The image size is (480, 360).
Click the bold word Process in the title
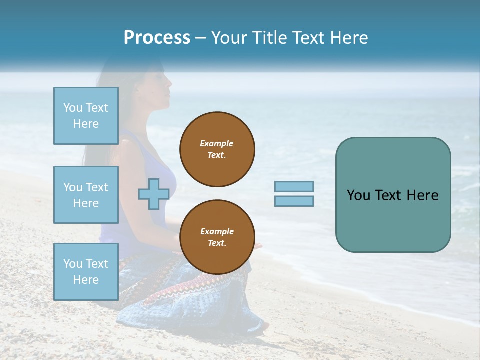[157, 38]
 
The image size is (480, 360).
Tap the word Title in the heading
[270, 38]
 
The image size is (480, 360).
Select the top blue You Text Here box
[86, 116]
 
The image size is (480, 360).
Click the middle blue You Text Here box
[86, 195]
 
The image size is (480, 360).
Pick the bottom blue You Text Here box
[86, 272]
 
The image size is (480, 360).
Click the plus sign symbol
[154, 194]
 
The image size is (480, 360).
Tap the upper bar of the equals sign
[294, 187]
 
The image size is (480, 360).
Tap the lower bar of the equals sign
[294, 201]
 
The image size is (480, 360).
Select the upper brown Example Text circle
[217, 149]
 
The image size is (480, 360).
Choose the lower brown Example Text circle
[217, 237]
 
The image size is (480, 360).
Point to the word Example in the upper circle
[217, 143]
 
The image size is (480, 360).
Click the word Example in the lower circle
[217, 231]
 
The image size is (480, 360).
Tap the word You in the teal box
[358, 195]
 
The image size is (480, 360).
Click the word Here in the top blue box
[86, 124]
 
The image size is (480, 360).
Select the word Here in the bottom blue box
[86, 280]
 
